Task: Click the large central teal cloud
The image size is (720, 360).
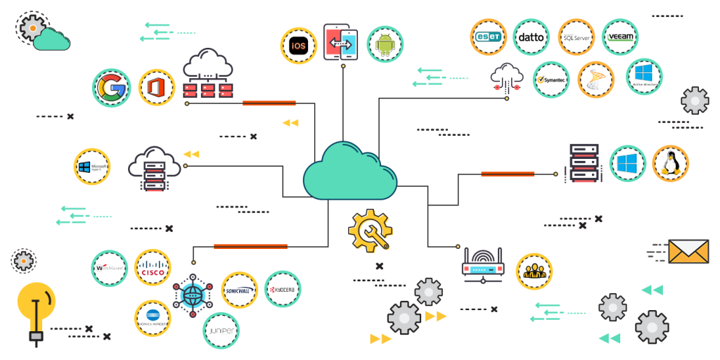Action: coord(349,171)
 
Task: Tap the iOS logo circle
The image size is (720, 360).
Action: coord(298,46)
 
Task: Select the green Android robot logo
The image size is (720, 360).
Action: coord(385,44)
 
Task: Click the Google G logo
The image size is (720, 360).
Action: coord(111,88)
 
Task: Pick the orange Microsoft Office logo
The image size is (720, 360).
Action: coord(156,88)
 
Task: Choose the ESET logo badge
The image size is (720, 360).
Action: coord(488,37)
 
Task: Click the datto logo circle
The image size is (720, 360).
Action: coord(531,37)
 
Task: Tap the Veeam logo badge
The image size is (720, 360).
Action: coord(620,37)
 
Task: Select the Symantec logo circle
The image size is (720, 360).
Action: coord(551,79)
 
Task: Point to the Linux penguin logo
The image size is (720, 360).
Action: coord(670,164)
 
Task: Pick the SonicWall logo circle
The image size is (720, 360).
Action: coord(239,290)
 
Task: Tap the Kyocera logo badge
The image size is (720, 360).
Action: coord(283,289)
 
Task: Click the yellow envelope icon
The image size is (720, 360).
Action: coord(688,251)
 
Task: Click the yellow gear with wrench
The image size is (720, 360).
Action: coord(371,231)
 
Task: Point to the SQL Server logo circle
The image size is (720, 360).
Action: coord(577,37)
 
